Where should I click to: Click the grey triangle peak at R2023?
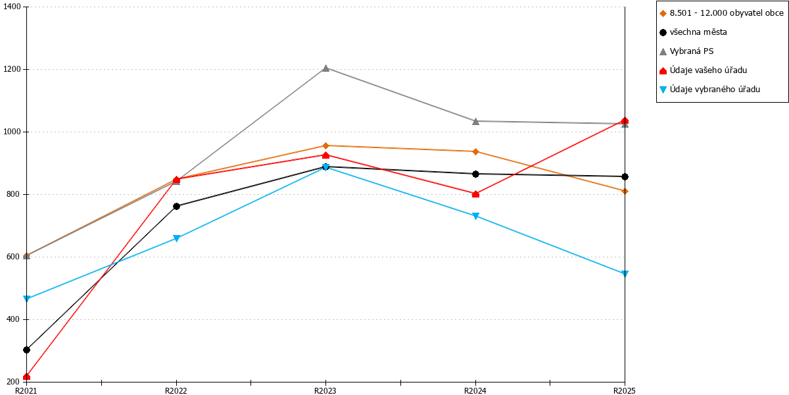click(x=326, y=68)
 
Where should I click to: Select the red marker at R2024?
click(x=475, y=194)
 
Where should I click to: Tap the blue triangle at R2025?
click(x=625, y=274)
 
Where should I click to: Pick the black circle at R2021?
click(x=26, y=350)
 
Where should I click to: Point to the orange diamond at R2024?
click(x=475, y=151)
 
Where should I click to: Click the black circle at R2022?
click(x=176, y=206)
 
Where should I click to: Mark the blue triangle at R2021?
click(x=26, y=299)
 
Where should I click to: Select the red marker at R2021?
click(x=26, y=377)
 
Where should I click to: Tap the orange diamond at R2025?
click(x=625, y=191)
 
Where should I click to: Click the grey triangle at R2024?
click(x=475, y=121)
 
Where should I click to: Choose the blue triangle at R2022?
click(x=176, y=238)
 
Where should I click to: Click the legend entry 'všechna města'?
click(x=693, y=32)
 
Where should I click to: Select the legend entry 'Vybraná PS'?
click(x=686, y=51)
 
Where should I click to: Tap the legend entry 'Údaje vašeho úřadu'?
click(x=703, y=70)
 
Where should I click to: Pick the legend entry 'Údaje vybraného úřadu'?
click(x=709, y=90)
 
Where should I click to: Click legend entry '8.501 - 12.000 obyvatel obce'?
click(x=721, y=13)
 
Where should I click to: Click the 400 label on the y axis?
click(x=14, y=319)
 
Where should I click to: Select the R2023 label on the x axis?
click(x=325, y=390)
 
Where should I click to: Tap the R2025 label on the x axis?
click(x=624, y=390)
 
